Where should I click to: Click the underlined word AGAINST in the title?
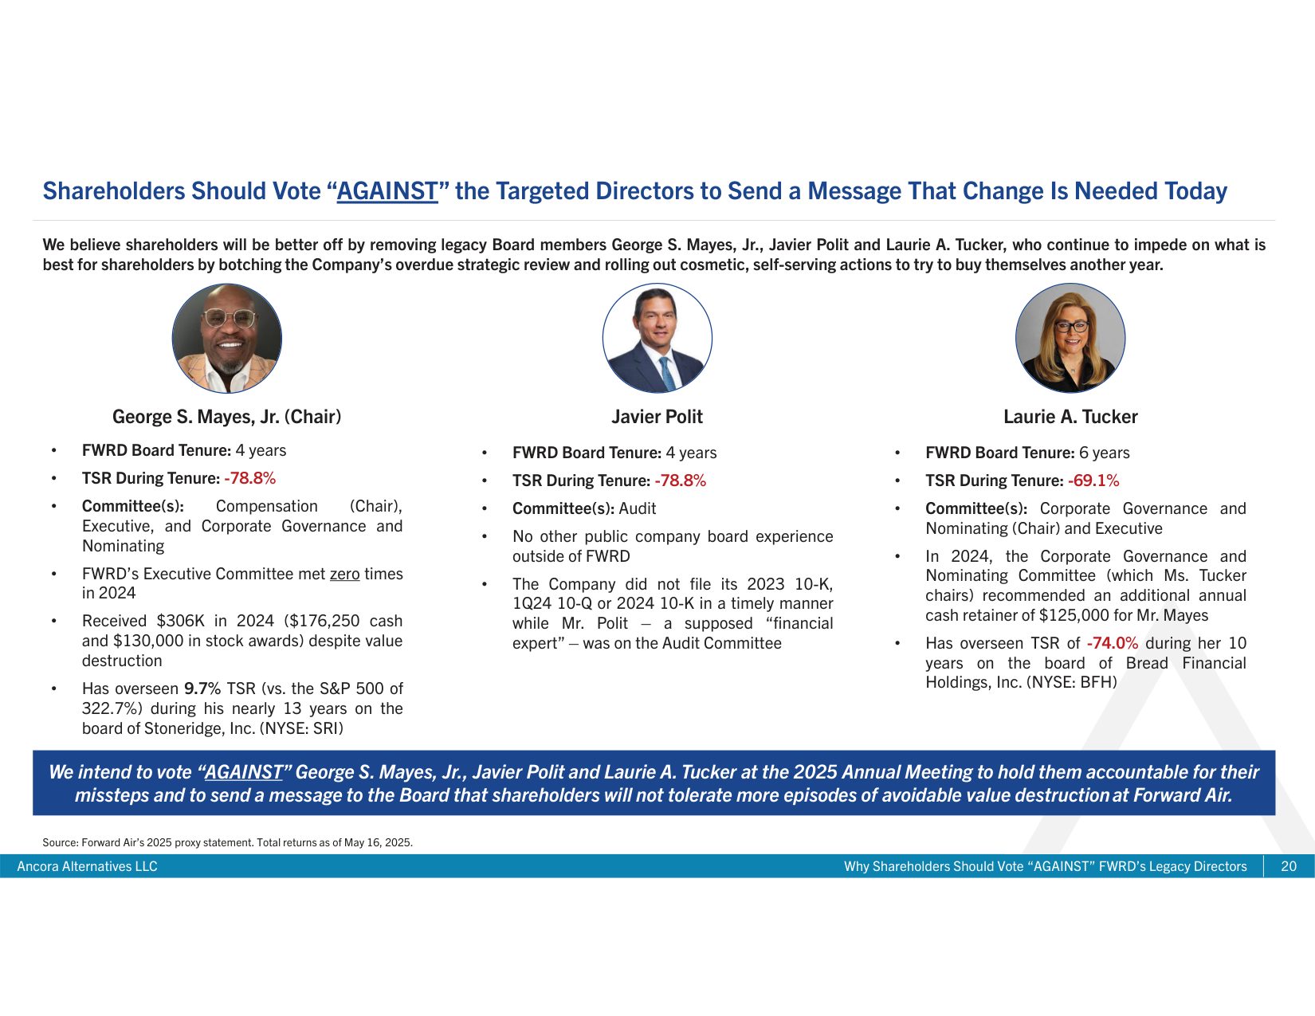pyautogui.click(x=387, y=191)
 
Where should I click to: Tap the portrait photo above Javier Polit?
pyautogui.click(x=657, y=338)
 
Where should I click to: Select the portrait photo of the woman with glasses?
pyautogui.click(x=1070, y=338)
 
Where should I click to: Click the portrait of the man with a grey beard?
pyautogui.click(x=227, y=338)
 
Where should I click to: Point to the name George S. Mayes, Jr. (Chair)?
pyautogui.click(x=227, y=417)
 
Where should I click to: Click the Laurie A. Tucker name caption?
pyautogui.click(x=1070, y=417)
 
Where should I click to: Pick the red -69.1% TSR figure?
pyautogui.click(x=1093, y=481)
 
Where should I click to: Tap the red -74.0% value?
pyautogui.click(x=1113, y=642)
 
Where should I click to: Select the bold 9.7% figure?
pyautogui.click(x=202, y=688)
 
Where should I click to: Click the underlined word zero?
pyautogui.click(x=344, y=574)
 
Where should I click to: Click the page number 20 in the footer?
pyautogui.click(x=1289, y=866)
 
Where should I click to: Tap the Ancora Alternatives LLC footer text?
pyautogui.click(x=87, y=866)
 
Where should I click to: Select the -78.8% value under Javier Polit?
pyautogui.click(x=680, y=481)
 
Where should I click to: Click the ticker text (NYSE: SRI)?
pyautogui.click(x=300, y=728)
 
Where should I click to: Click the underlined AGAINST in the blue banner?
pyautogui.click(x=243, y=772)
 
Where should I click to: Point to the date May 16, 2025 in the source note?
pyautogui.click(x=378, y=843)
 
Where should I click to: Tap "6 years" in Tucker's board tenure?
pyautogui.click(x=1104, y=453)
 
